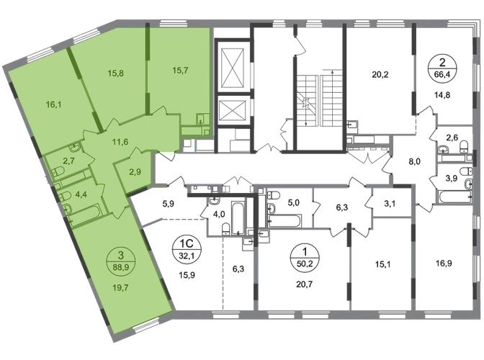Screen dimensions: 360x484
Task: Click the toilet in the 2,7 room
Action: coord(59,171)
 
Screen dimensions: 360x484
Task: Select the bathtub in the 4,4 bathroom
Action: coord(84,214)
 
